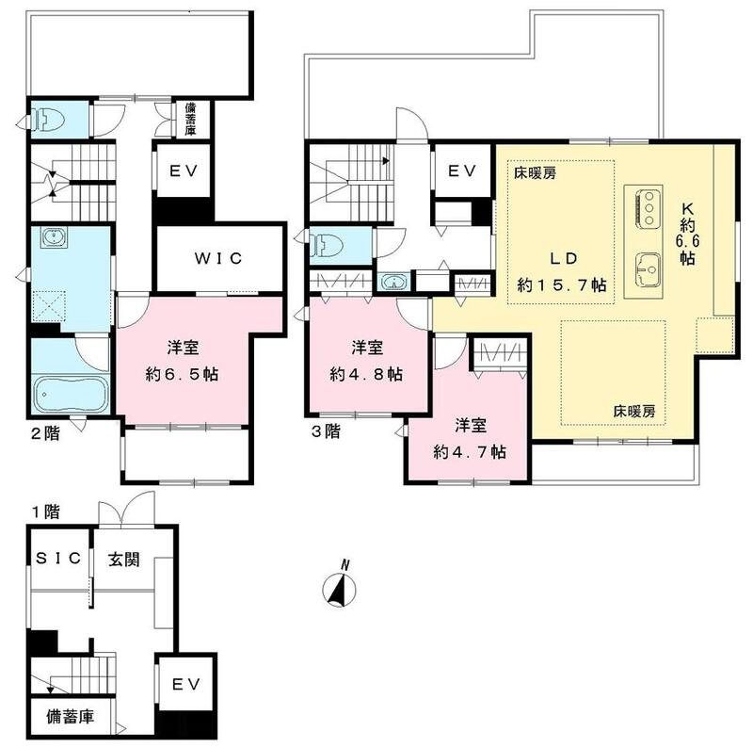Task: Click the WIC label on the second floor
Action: [218, 257]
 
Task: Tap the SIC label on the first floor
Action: [58, 559]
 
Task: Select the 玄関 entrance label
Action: [122, 559]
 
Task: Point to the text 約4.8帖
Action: [366, 374]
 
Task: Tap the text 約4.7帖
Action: [470, 451]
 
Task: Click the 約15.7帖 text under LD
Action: [562, 284]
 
